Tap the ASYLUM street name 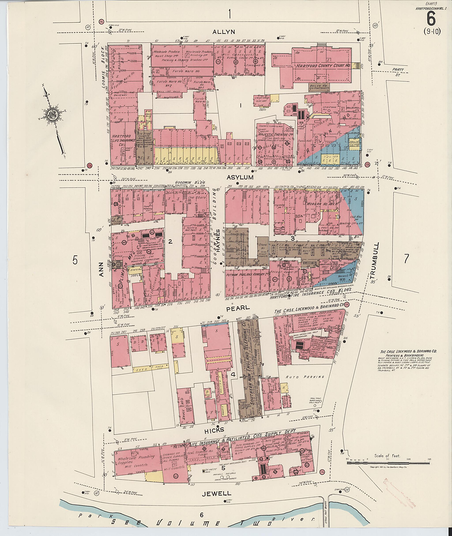(244, 177)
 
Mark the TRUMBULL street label (373, 261)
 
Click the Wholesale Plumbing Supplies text (136, 459)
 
